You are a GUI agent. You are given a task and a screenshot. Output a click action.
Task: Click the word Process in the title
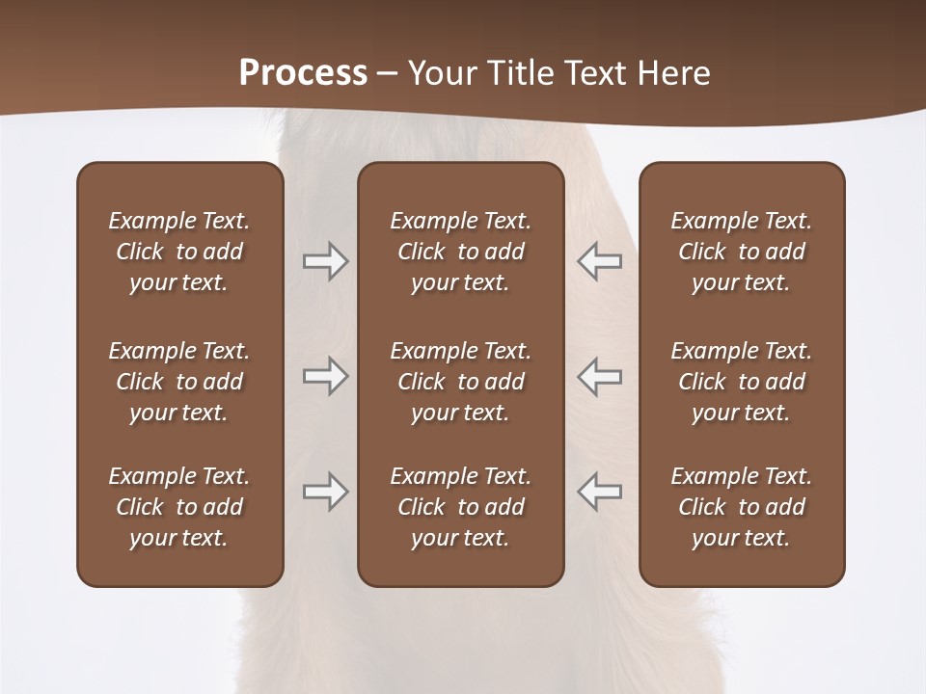tap(303, 73)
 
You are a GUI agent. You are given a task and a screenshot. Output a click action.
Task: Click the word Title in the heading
tap(520, 73)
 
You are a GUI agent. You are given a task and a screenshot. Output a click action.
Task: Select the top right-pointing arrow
tap(325, 261)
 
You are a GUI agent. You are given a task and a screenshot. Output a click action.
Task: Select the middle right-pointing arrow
tap(325, 376)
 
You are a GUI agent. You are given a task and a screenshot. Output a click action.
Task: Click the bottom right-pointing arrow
tap(325, 492)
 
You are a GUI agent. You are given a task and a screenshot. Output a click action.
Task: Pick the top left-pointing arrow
tap(600, 261)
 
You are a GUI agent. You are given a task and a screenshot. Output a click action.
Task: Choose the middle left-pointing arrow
tap(600, 376)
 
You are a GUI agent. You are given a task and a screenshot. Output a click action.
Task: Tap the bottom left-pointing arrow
tap(600, 492)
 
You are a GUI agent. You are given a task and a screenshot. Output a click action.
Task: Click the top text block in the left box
tap(179, 252)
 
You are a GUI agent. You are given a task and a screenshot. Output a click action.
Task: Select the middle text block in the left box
tap(179, 382)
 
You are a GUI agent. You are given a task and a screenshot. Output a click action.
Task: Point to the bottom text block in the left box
tap(179, 507)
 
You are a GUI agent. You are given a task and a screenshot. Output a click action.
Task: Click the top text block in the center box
tap(461, 252)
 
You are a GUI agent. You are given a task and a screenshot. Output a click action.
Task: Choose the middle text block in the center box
tap(461, 382)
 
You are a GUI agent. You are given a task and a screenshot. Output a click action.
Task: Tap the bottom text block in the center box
tap(461, 507)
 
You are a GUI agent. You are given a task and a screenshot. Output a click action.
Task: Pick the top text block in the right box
tap(742, 252)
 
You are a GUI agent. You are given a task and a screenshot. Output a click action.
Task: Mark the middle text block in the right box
tap(742, 382)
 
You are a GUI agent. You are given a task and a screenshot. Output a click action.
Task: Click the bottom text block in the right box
tap(742, 507)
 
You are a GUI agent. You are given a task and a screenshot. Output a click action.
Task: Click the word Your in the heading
tap(442, 73)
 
